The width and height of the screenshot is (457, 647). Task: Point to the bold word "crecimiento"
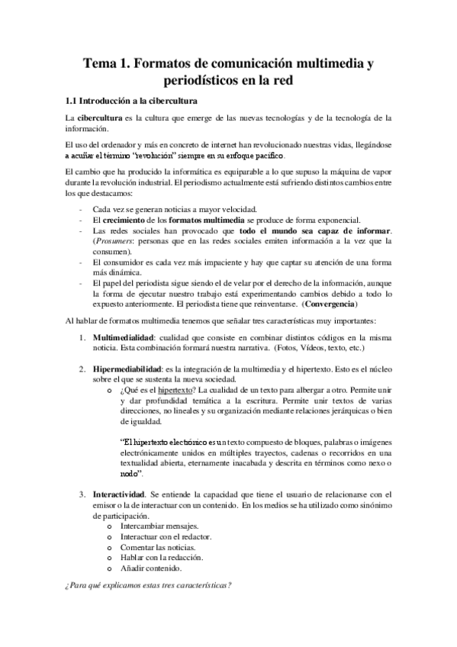click(x=127, y=220)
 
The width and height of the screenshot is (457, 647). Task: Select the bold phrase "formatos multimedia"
click(x=202, y=220)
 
